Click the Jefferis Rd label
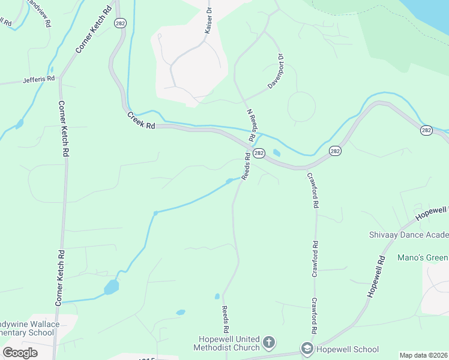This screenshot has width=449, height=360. point(38,79)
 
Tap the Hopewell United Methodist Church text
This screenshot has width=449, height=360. point(226,343)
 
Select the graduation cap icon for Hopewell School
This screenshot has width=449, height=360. point(307,349)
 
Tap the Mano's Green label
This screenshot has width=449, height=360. point(423,257)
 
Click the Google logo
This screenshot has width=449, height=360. point(20,352)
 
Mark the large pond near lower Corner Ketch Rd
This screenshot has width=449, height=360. point(111,287)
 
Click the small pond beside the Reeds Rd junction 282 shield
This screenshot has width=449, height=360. point(276,152)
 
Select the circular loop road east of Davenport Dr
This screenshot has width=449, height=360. point(301,107)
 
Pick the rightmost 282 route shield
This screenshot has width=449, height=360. point(426,130)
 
